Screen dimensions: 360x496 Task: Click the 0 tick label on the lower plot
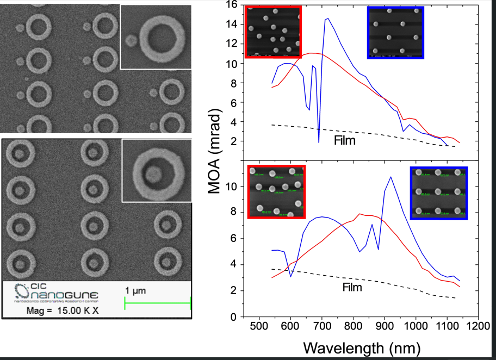(x=232, y=317)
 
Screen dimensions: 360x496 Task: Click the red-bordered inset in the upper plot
(x=273, y=32)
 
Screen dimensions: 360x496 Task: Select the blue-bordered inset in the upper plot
(x=395, y=32)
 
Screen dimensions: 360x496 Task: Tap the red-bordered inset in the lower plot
(x=276, y=191)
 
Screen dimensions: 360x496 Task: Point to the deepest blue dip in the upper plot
(x=319, y=142)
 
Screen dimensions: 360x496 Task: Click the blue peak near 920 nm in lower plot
(x=390, y=177)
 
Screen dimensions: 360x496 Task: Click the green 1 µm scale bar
(x=158, y=303)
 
